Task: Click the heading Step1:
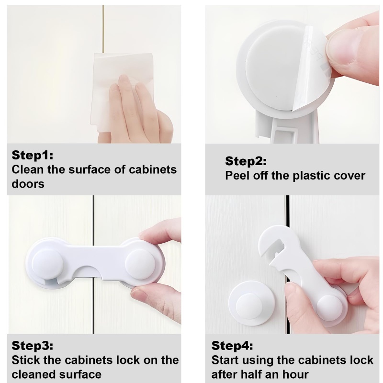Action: pyautogui.click(x=33, y=155)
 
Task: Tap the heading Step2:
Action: pyautogui.click(x=246, y=161)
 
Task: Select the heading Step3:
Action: pyautogui.click(x=33, y=346)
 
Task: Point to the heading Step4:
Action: pyautogui.click(x=232, y=346)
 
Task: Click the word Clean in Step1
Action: pyautogui.click(x=28, y=169)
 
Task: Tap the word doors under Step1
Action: pyautogui.click(x=28, y=184)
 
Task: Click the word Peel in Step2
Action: pyautogui.click(x=237, y=176)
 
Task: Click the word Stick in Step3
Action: pyautogui.click(x=25, y=360)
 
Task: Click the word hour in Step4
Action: pyautogui.click(x=295, y=374)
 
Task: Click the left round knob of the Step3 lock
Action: pyautogui.click(x=47, y=264)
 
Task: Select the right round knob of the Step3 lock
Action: pyautogui.click(x=140, y=265)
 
